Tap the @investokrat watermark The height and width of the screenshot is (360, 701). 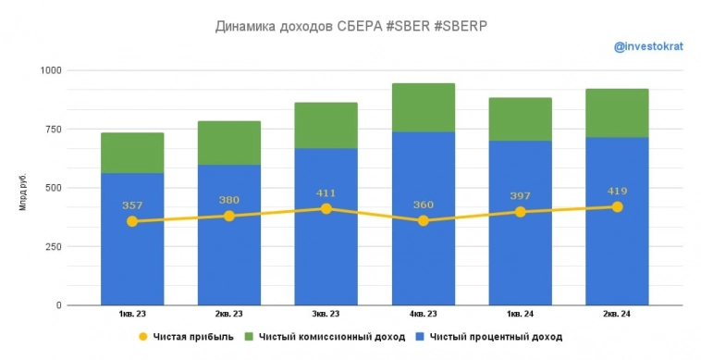(x=648, y=46)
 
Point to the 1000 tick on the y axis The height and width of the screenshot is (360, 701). (x=50, y=70)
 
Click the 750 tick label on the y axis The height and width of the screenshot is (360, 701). (x=52, y=129)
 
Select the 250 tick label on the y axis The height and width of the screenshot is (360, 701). (x=52, y=246)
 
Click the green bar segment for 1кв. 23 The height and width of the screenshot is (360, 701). (x=132, y=153)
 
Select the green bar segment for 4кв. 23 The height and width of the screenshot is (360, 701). (x=423, y=107)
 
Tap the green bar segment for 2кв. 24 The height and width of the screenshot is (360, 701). (x=617, y=113)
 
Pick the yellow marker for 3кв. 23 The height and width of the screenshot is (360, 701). (x=326, y=208)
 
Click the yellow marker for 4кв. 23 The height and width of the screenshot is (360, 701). (x=423, y=220)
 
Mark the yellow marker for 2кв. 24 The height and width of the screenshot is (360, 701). (x=617, y=206)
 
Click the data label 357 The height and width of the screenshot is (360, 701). (x=132, y=205)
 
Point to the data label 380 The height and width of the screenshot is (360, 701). (x=229, y=200)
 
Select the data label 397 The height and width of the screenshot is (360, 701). (x=520, y=196)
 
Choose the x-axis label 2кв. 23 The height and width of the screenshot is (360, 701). (x=229, y=315)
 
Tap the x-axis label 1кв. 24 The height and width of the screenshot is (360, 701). (x=520, y=315)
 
